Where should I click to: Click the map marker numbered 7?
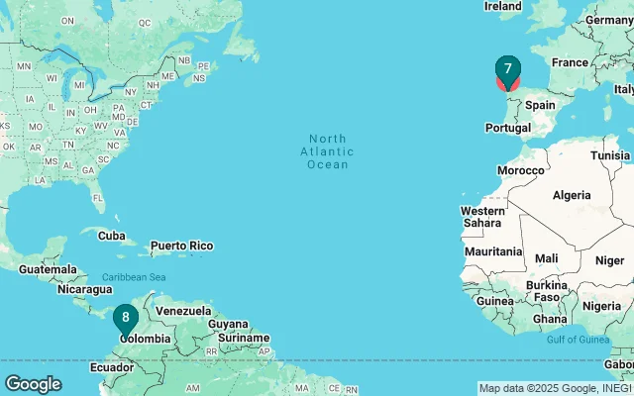click(x=507, y=69)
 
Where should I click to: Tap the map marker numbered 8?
click(x=126, y=318)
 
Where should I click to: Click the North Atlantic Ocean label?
click(x=327, y=151)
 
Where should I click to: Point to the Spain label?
click(x=540, y=104)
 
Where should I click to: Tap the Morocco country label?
click(x=521, y=170)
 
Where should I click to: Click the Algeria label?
click(x=571, y=195)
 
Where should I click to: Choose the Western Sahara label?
click(x=483, y=218)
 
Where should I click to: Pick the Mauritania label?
click(x=492, y=251)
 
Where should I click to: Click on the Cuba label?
click(x=112, y=236)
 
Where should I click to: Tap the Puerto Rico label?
click(x=181, y=246)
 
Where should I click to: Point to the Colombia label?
click(x=145, y=338)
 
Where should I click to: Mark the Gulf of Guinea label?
click(x=575, y=340)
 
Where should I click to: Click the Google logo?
click(x=33, y=383)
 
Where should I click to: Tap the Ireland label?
click(x=502, y=6)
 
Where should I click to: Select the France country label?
click(x=570, y=62)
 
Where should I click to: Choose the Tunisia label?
click(x=610, y=155)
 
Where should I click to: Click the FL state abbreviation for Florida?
click(x=98, y=198)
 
